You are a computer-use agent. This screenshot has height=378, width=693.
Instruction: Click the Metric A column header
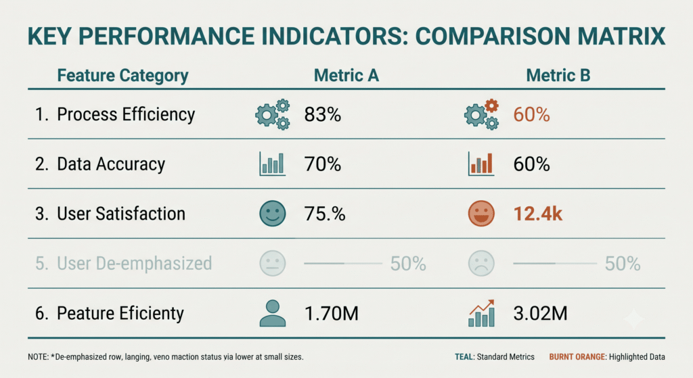coord(346,76)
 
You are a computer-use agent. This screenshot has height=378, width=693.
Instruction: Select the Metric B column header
coord(558,76)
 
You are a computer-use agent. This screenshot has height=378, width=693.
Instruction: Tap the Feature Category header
coord(123,76)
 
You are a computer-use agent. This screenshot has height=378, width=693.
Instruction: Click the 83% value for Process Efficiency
coord(323,115)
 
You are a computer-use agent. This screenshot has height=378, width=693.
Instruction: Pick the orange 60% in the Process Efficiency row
coord(532,115)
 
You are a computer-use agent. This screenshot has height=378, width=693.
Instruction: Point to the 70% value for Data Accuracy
coord(323,164)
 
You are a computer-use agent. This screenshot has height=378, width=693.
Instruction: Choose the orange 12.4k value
coord(538,214)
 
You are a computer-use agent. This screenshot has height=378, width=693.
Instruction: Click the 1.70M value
coord(332,314)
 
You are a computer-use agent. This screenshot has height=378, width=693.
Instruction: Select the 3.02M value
coord(541,314)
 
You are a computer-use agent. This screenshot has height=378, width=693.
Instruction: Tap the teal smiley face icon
coord(272,214)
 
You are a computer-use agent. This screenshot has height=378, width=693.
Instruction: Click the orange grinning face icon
coord(481,214)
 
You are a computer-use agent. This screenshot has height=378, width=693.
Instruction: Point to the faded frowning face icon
coord(481,264)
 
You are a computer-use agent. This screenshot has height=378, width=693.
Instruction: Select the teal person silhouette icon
coord(272,314)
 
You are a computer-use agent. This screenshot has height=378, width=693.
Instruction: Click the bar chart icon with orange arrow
coord(481,313)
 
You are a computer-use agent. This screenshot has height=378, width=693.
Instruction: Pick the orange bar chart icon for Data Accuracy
coord(481,164)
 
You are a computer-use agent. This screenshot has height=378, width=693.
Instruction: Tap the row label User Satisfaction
coord(121,214)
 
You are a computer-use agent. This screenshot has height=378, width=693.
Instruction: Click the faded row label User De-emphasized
coord(135,264)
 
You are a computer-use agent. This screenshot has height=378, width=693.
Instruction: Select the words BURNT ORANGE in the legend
coord(577,357)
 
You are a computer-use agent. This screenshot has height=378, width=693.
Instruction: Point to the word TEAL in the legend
coord(464,357)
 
